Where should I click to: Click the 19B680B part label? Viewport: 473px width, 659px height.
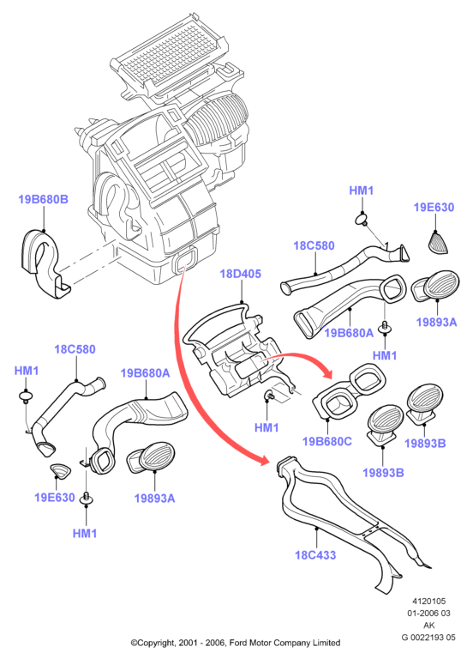coord(43,199)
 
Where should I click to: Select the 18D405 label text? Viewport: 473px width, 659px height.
coord(241,274)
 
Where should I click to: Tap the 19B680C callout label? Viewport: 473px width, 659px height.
coord(327,441)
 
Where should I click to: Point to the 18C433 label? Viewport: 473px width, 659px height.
coord(315,555)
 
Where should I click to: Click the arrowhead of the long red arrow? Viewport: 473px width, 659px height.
coord(264,461)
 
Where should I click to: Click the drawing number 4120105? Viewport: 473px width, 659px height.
coord(429,602)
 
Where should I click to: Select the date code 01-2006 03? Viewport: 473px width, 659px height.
coord(429,614)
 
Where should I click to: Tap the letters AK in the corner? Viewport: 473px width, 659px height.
coord(429,626)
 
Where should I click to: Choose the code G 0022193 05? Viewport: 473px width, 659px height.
coord(429,638)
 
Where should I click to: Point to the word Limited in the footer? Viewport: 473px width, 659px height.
coord(326,643)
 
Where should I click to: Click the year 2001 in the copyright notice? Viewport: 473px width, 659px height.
coord(187,643)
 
